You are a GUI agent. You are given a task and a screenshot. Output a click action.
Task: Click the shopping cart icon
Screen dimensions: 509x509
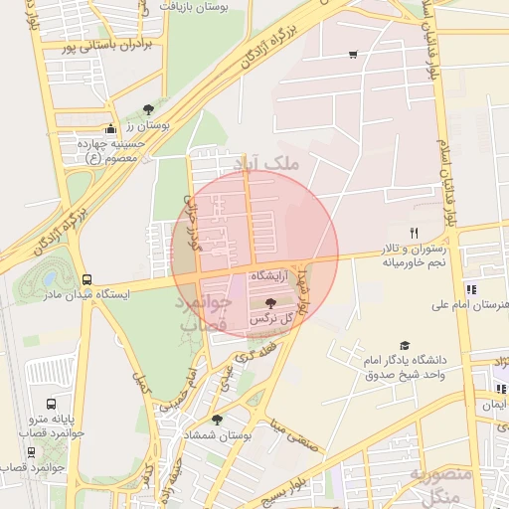(x=353, y=54)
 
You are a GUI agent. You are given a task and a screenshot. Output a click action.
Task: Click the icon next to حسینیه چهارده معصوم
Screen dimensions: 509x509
(x=109, y=128)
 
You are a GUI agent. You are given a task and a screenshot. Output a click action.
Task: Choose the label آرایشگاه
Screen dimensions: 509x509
(x=271, y=273)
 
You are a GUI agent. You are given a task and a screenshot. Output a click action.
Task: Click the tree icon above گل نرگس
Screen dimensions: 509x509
(x=272, y=302)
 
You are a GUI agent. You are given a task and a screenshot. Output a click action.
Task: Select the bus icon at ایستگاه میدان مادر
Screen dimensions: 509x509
(x=87, y=279)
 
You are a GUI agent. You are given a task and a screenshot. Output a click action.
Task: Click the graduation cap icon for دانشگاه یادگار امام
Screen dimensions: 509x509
(x=404, y=344)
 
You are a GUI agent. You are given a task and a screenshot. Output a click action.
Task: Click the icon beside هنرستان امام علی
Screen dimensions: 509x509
(x=469, y=289)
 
